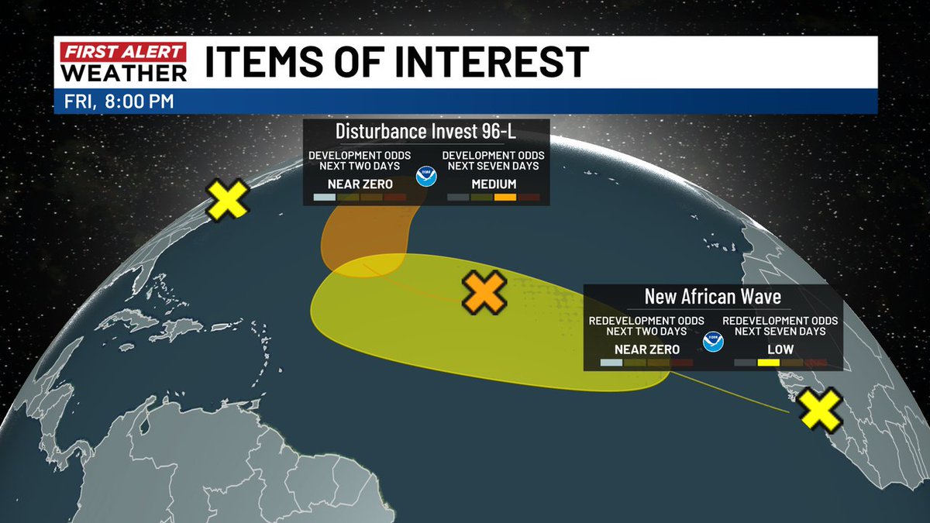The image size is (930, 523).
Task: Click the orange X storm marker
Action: pos(484,293)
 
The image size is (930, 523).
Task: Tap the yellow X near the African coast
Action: pos(821,409)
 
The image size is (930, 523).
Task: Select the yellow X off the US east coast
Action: pos(228,199)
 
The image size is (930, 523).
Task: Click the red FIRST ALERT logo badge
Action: pos(123,53)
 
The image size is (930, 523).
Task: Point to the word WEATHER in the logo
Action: pos(123,72)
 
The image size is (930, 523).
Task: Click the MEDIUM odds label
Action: pos(494,184)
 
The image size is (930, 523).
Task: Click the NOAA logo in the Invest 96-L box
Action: pos(426,175)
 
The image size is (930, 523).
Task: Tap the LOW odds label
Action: pos(768,349)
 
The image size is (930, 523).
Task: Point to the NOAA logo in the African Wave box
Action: pos(712,341)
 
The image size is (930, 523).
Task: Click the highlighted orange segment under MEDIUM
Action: pos(505,198)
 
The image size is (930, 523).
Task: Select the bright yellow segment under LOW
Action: pos(768,362)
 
